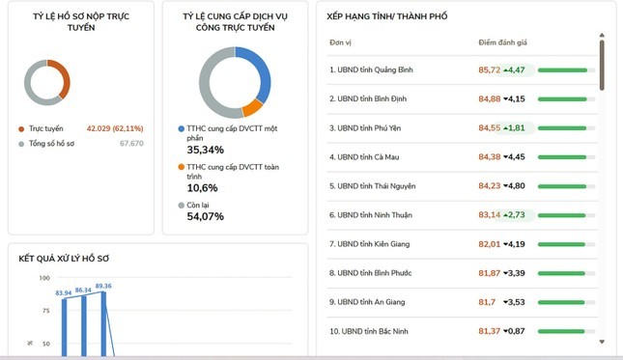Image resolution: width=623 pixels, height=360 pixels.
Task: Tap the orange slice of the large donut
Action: point(252,108)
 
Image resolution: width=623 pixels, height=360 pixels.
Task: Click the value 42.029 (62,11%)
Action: point(115,128)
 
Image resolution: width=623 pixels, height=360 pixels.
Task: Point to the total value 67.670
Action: point(131,143)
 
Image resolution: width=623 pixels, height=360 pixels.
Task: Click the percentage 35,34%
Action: point(206,150)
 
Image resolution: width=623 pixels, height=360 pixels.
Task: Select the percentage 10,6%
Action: point(202,188)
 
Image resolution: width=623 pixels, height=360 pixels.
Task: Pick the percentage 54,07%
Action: point(206,216)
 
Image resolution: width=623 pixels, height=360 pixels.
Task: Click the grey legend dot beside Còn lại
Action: point(182,206)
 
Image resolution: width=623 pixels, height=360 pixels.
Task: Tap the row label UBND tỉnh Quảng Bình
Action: point(375,69)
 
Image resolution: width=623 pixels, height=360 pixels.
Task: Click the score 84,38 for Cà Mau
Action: point(490,156)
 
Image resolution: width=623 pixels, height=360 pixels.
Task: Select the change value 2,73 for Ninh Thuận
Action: point(517,214)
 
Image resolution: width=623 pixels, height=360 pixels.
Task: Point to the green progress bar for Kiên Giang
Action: point(561,244)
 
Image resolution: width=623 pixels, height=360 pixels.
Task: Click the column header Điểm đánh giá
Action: point(502,42)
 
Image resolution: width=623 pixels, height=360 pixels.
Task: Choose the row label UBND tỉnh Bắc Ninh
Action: point(375,331)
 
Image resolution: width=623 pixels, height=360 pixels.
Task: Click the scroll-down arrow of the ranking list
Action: point(602,342)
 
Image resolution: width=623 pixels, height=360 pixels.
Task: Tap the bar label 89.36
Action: point(103,286)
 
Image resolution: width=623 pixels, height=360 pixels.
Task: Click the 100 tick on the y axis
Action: point(44,278)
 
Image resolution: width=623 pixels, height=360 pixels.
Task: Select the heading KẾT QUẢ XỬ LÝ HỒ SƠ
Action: point(64,259)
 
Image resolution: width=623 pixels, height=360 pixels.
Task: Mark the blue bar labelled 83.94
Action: point(65,327)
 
